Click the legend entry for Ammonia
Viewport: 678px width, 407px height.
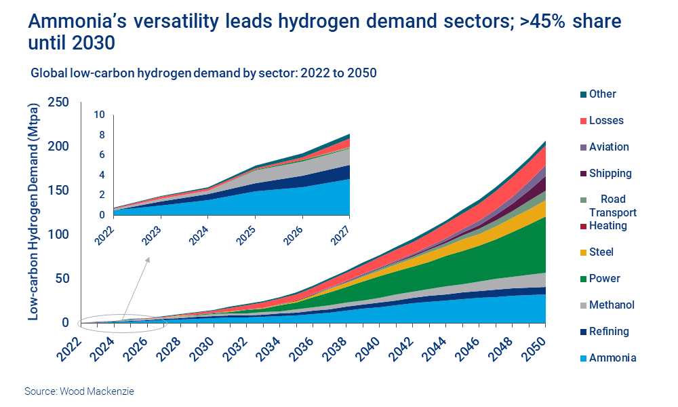(x=612, y=358)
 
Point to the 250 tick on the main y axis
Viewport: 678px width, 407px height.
(x=59, y=102)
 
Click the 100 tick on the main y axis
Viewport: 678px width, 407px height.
(x=59, y=235)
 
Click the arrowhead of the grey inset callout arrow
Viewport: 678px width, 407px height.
(x=148, y=258)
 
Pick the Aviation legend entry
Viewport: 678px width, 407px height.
(x=609, y=147)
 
